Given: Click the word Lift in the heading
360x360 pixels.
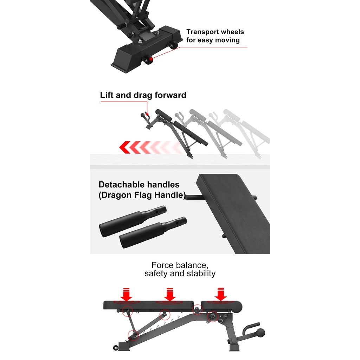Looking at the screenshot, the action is [107, 95].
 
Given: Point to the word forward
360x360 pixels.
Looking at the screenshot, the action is [171, 95].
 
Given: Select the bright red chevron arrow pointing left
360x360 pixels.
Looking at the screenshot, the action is [125, 147].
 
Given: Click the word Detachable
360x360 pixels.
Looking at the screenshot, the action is [121, 185].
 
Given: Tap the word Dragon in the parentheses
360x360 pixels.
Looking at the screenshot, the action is [116, 195].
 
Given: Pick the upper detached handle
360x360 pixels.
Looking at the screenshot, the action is [133, 221].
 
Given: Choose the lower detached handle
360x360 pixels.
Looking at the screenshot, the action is [153, 232].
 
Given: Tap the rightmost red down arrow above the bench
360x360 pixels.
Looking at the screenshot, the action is [221, 294].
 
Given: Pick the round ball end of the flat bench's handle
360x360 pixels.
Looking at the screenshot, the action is [261, 333].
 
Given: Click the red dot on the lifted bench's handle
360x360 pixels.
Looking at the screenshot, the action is [147, 114].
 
